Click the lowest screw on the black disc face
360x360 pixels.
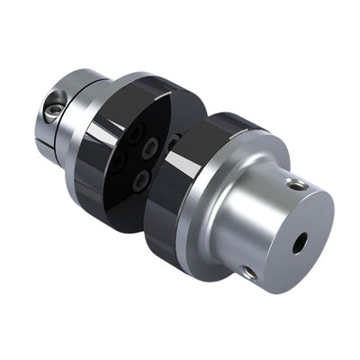[139, 181]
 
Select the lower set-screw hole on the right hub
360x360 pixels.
[249, 271]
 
